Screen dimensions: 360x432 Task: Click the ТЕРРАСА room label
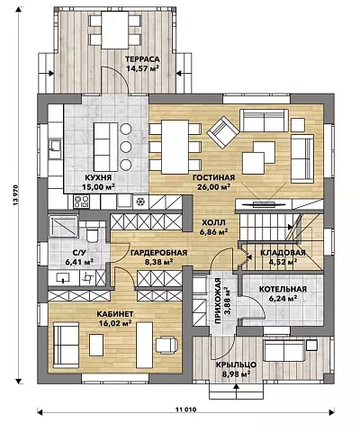[x=142, y=58]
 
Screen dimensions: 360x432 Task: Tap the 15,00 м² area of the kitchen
[x=99, y=187]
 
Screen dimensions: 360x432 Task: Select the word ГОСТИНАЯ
[x=213, y=178]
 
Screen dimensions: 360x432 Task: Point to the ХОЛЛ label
[x=213, y=223]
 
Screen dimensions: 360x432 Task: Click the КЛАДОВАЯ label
[x=283, y=253]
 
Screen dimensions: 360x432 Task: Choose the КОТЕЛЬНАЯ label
[x=283, y=289]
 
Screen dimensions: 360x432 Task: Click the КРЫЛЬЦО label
[x=236, y=364]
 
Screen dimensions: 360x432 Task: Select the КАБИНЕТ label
[x=115, y=314]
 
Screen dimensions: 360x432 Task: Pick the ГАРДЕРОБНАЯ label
[x=158, y=253]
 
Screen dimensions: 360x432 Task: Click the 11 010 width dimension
[x=185, y=409]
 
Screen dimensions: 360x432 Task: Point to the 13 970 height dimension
[x=16, y=195]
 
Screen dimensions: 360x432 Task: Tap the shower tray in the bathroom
[x=64, y=226]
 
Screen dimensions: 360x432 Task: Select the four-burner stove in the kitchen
[x=81, y=202]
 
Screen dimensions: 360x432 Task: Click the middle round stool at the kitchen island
[x=126, y=147]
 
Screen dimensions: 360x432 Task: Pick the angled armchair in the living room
[x=223, y=132]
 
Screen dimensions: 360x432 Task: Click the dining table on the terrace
[x=115, y=30]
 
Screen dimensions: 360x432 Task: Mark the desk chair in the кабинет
[x=166, y=344]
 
